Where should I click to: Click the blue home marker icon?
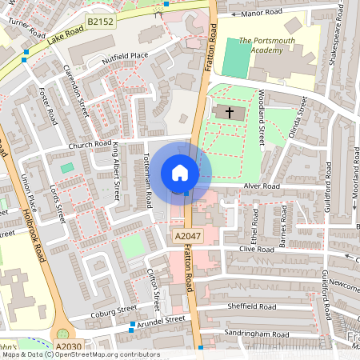point(179,173)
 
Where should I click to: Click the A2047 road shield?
point(185,237)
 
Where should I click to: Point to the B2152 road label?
point(100,23)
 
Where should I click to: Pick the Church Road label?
point(90,145)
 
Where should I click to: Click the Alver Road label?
point(261,186)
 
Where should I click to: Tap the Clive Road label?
point(256,249)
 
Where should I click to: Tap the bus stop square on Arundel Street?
point(132,324)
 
